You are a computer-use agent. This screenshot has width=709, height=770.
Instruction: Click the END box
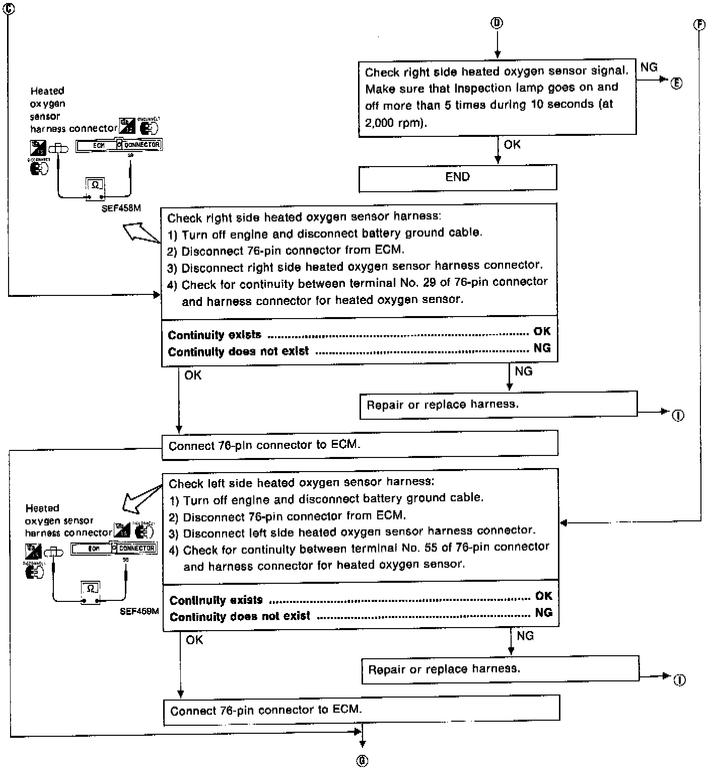tap(457, 177)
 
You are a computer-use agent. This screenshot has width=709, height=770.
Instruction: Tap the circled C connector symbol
tap(9, 8)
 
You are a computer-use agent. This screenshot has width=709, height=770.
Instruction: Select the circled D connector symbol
tap(497, 23)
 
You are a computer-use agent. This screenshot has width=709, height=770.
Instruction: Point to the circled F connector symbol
tap(699, 25)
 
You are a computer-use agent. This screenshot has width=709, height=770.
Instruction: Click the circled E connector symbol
tap(676, 84)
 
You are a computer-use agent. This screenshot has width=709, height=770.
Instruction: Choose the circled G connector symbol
tap(362, 761)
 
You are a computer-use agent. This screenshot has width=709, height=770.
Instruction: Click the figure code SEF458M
tap(121, 208)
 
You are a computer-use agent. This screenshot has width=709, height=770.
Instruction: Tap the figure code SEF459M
tap(139, 611)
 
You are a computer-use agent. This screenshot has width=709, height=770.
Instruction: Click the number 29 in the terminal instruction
tap(430, 282)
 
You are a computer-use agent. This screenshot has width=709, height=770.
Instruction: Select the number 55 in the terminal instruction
tap(431, 548)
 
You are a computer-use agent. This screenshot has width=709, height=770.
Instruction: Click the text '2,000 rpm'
tap(395, 122)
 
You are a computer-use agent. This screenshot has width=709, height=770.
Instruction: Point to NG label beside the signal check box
tap(649, 67)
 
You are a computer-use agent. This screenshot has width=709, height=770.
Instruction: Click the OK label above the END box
tap(512, 144)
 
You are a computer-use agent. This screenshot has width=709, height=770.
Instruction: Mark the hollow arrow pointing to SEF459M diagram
tap(140, 498)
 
